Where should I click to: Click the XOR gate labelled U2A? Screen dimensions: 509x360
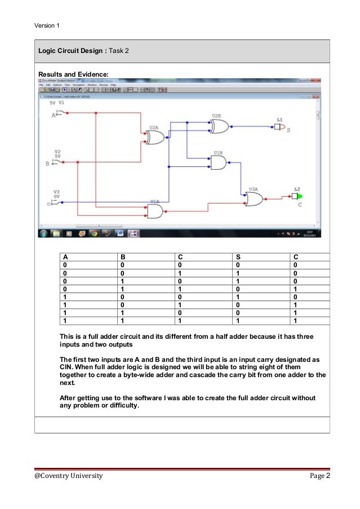[x=154, y=138]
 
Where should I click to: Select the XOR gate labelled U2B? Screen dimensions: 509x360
[x=219, y=126]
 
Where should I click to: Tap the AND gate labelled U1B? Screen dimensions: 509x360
[x=218, y=162]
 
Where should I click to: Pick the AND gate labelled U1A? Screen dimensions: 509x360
[x=154, y=211]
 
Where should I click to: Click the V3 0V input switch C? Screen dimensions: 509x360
[x=56, y=202]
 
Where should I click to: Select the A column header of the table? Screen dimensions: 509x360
[x=65, y=258]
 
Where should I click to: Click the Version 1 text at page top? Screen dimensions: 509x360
[x=47, y=25]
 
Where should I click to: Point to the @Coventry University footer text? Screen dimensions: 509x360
[x=69, y=476]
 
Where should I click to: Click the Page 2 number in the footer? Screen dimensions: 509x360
[x=319, y=476]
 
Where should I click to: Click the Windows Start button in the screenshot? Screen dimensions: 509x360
[x=43, y=233]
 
